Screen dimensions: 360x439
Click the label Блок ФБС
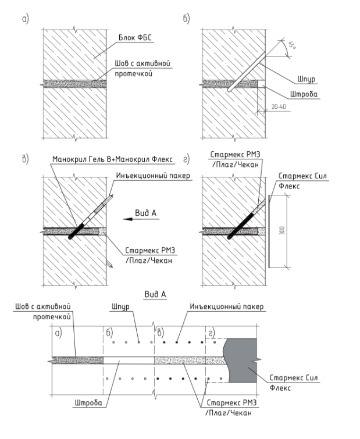click(x=135, y=38)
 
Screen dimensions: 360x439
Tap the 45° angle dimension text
click(x=292, y=45)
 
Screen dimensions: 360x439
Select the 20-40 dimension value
click(x=279, y=106)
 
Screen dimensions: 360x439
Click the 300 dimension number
click(x=282, y=230)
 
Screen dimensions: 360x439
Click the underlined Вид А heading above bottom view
click(x=155, y=294)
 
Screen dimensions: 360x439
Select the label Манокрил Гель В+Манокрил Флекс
click(x=112, y=159)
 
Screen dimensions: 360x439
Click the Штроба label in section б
click(x=304, y=94)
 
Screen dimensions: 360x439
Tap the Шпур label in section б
click(x=306, y=80)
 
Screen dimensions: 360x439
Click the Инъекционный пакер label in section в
click(x=153, y=176)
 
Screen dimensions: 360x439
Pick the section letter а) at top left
click(x=26, y=19)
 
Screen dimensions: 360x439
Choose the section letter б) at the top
click(x=187, y=19)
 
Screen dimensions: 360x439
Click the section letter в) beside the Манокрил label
click(x=25, y=159)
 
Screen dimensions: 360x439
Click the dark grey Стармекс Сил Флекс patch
click(x=242, y=361)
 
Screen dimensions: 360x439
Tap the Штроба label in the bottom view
click(x=88, y=403)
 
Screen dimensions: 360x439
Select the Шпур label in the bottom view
click(x=120, y=307)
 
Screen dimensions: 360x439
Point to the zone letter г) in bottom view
click(x=212, y=333)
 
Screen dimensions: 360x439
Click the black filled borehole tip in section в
click(x=71, y=237)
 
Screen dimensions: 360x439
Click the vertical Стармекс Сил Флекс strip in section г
click(x=269, y=231)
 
